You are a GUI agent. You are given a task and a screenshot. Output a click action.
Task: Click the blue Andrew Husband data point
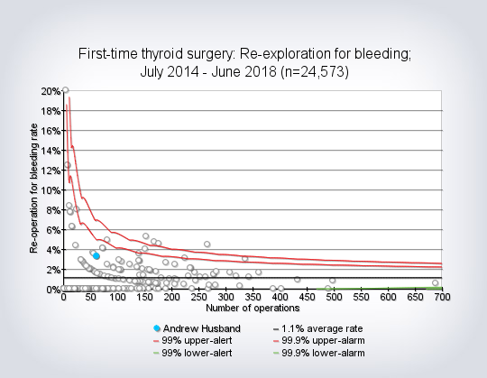(x=96, y=256)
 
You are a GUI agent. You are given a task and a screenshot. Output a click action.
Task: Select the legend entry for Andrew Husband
(x=197, y=328)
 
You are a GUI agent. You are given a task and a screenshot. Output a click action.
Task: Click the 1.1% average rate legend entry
(x=317, y=328)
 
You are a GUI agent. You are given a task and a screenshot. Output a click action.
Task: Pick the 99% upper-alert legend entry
(x=193, y=340)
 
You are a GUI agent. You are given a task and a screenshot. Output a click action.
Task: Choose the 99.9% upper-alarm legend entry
(x=318, y=340)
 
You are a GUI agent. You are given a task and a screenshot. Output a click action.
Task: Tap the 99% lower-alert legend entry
(x=193, y=353)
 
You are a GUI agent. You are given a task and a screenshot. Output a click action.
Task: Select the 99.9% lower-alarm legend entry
(x=318, y=353)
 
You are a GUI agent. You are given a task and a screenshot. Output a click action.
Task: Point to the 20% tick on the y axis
(x=51, y=91)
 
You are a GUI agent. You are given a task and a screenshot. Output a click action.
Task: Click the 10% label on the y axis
(x=51, y=190)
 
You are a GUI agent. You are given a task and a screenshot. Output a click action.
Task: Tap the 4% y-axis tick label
(x=53, y=250)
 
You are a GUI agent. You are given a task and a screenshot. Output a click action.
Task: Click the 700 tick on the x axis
(x=442, y=297)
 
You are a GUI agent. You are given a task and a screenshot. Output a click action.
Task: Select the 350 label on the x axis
(x=253, y=297)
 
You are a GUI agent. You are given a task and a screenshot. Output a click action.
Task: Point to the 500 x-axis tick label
(x=334, y=297)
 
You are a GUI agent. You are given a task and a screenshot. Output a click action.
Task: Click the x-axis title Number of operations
(x=253, y=308)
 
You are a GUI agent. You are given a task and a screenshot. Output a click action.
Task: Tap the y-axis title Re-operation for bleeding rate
(x=33, y=189)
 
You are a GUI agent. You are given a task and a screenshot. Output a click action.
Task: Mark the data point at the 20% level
(x=65, y=90)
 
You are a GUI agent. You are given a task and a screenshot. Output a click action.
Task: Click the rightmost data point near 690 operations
(x=435, y=282)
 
